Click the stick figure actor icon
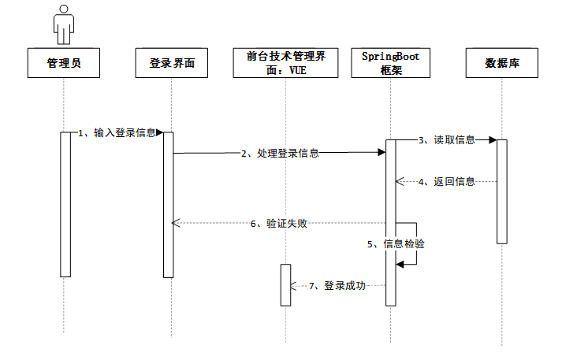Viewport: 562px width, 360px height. click(x=63, y=25)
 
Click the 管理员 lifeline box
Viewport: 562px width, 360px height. click(x=65, y=64)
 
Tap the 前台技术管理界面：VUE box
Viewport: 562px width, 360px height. click(x=285, y=64)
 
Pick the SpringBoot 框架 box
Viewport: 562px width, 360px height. click(x=392, y=64)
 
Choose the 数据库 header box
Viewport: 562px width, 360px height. click(x=501, y=64)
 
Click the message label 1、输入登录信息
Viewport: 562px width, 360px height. click(x=118, y=133)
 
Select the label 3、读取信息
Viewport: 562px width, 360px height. click(x=448, y=140)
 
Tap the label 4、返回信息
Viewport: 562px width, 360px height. click(x=448, y=182)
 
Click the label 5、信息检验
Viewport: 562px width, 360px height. click(x=397, y=244)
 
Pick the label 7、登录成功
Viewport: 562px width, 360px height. click(x=338, y=285)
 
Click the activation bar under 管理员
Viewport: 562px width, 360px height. click(x=65, y=204)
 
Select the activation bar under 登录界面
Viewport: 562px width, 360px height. click(x=168, y=204)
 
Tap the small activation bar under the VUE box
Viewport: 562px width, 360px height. click(x=285, y=284)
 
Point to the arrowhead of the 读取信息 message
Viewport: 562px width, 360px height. click(x=492, y=140)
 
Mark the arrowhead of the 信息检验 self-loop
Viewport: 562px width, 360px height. click(x=400, y=265)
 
